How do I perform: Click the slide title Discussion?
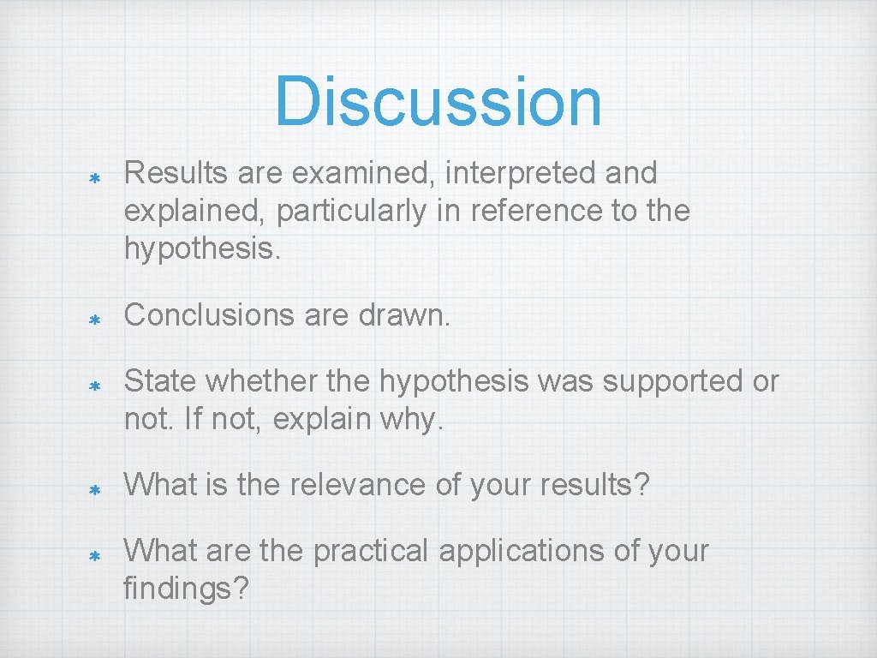[438, 101]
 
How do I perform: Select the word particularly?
[351, 212]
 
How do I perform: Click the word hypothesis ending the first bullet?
[194, 249]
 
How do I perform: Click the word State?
[160, 381]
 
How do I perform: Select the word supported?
[672, 381]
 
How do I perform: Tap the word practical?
[370, 551]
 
